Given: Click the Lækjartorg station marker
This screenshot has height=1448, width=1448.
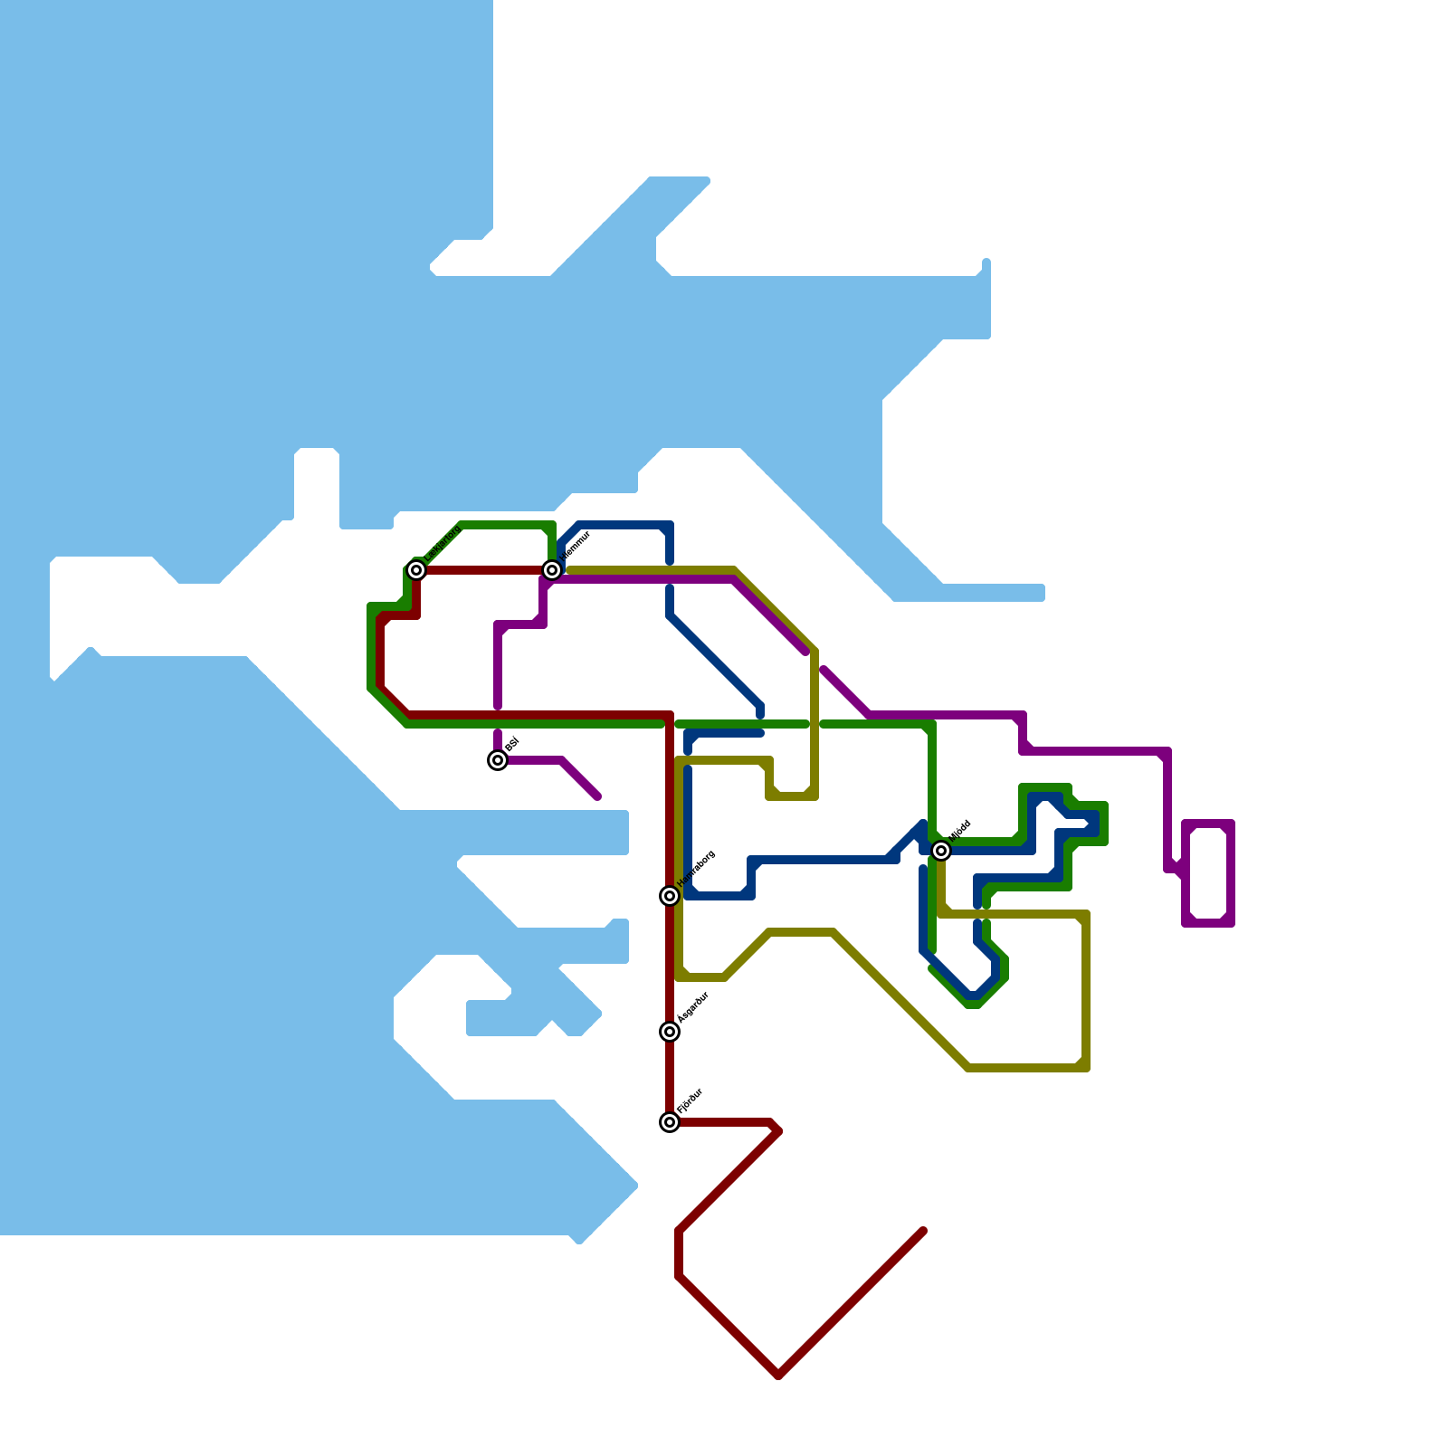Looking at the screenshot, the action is coord(416,570).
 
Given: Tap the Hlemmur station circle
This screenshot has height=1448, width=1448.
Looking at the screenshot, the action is coord(552,570).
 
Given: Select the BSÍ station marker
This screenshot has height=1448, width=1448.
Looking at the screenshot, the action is coord(498,760).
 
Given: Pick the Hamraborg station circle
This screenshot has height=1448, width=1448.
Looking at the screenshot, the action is coord(670,896).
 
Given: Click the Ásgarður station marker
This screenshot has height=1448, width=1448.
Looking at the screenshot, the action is coord(670,1032).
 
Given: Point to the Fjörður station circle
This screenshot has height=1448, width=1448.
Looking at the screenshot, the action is coord(670,1122).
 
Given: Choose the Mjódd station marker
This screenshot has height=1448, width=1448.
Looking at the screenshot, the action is coord(941,851).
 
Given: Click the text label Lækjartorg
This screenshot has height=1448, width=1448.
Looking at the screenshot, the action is coord(443,542).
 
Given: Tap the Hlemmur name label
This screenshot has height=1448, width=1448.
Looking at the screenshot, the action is coord(576,546).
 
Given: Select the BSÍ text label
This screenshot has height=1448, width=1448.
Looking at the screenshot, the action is coord(512,744).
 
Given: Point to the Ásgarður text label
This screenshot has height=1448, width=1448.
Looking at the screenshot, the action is coord(693,1007).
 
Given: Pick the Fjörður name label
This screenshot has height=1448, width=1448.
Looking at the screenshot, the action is coord(691,1100).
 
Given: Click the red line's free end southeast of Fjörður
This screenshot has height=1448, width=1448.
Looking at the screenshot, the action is coord(922,1232).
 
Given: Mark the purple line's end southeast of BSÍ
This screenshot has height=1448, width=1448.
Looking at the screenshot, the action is coord(597,796).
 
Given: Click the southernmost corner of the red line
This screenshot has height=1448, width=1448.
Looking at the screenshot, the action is coord(778,1376).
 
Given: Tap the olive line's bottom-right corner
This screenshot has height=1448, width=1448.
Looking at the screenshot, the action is coord(1085,1068).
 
